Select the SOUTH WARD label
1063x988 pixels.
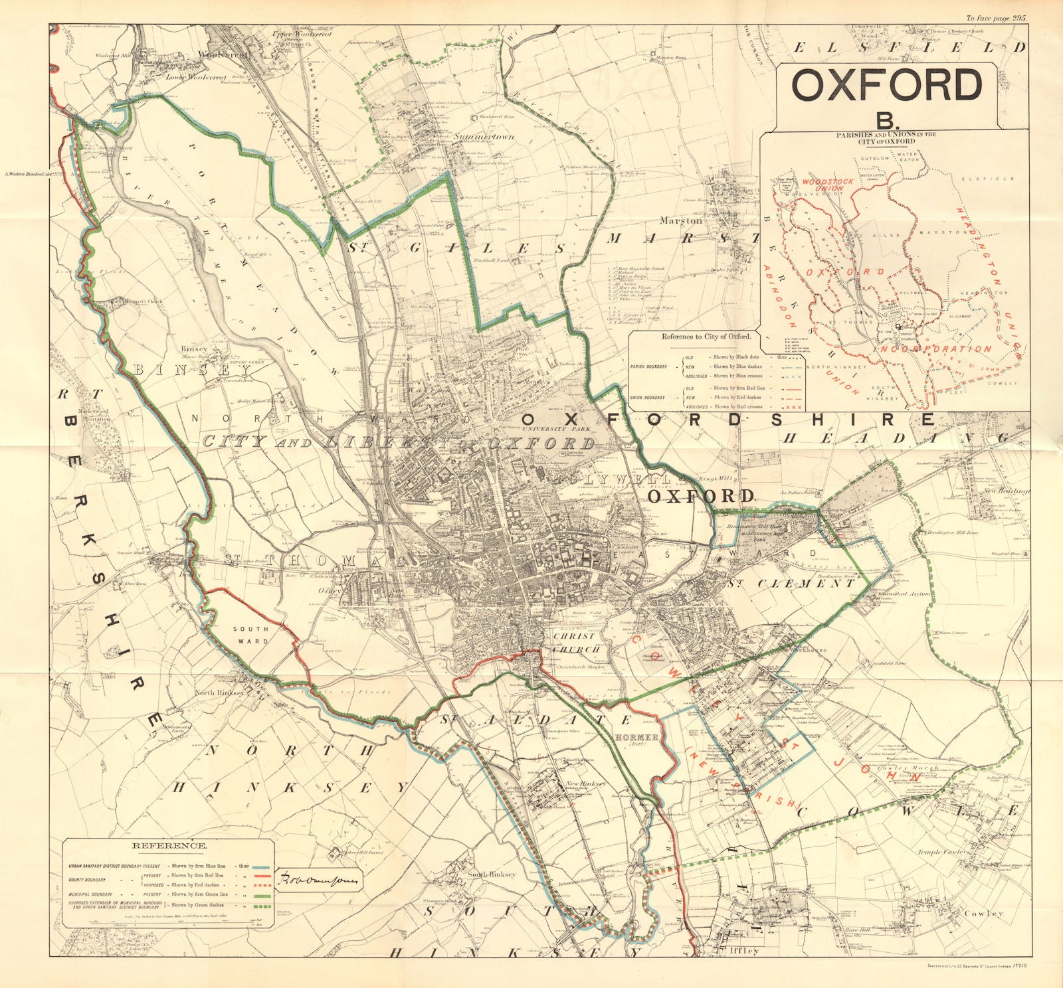(x=250, y=635)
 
